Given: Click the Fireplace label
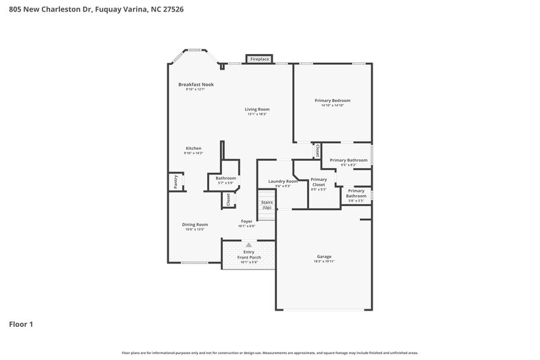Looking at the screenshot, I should [x=260, y=59].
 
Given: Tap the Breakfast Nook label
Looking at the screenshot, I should [x=196, y=84].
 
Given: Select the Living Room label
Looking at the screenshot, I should [x=256, y=109].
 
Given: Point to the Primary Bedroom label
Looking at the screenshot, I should [x=332, y=101].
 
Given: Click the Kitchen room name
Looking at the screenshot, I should [x=194, y=149].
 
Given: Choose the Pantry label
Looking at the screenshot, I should [x=175, y=181].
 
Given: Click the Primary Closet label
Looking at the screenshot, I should [x=319, y=182].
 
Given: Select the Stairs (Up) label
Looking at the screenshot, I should [x=267, y=205].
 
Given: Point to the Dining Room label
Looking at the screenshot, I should [x=194, y=224].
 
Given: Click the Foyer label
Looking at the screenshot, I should [x=247, y=222].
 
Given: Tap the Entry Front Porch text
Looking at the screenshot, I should [x=248, y=255].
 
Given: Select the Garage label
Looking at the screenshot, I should [x=324, y=257].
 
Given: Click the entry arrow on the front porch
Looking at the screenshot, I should [x=248, y=245].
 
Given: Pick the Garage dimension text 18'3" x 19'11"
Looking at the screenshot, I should [x=324, y=261].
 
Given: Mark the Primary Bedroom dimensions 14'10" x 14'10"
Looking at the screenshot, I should [x=332, y=105].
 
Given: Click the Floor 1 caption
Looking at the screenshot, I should [x=21, y=324].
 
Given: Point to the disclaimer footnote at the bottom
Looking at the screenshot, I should [x=270, y=353].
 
